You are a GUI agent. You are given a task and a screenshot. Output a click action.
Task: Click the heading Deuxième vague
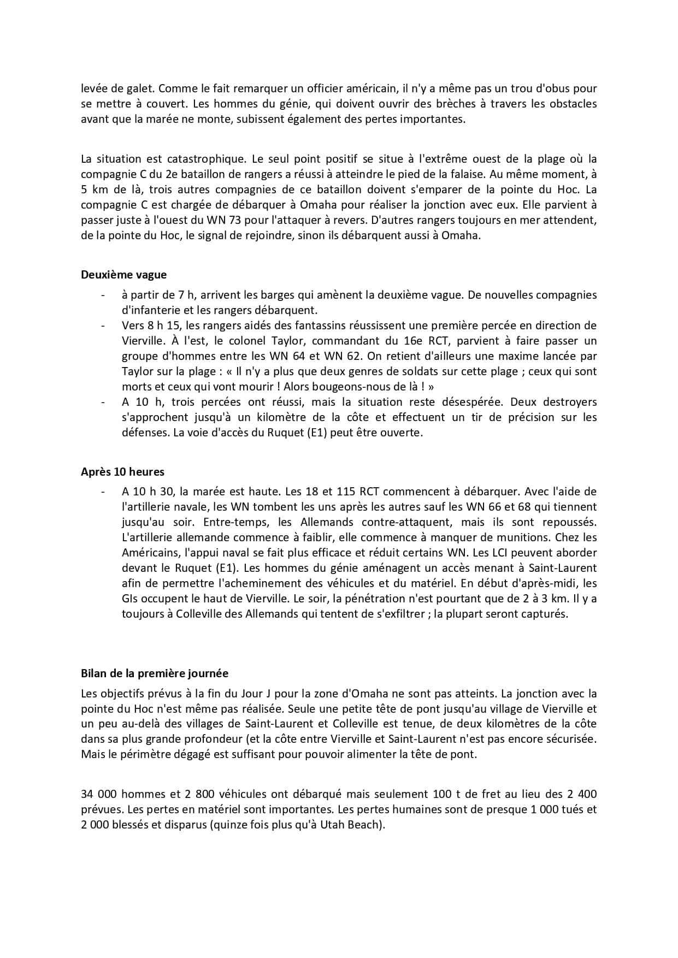pyautogui.click(x=123, y=275)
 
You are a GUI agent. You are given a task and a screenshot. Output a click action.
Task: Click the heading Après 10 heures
pyautogui.click(x=122, y=471)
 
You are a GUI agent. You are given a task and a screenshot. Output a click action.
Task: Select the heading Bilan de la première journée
pyautogui.click(x=155, y=673)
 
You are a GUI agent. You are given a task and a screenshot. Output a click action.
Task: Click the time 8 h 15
pyautogui.click(x=163, y=326)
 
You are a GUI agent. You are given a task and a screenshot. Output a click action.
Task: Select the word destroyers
pyautogui.click(x=569, y=402)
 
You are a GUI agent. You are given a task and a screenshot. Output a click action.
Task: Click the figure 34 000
pyautogui.click(x=98, y=794)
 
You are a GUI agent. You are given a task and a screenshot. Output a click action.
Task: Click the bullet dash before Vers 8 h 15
pyautogui.click(x=102, y=326)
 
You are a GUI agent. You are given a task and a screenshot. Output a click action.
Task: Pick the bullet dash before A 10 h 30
pyautogui.click(x=102, y=492)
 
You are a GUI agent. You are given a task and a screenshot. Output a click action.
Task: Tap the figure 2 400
pyautogui.click(x=579, y=794)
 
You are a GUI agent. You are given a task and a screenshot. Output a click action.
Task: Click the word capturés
pyautogui.click(x=545, y=614)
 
